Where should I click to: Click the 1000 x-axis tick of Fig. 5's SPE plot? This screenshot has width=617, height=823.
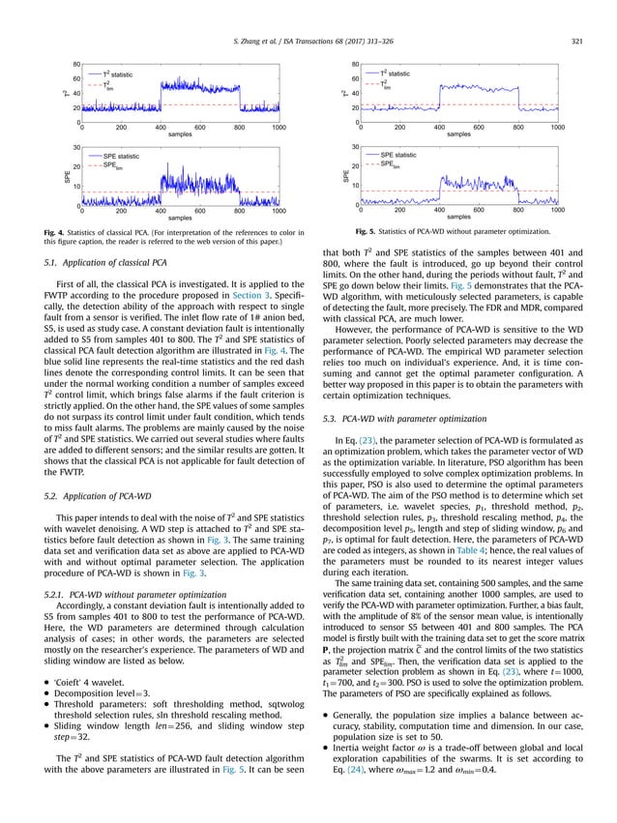pyautogui.click(x=557, y=210)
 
